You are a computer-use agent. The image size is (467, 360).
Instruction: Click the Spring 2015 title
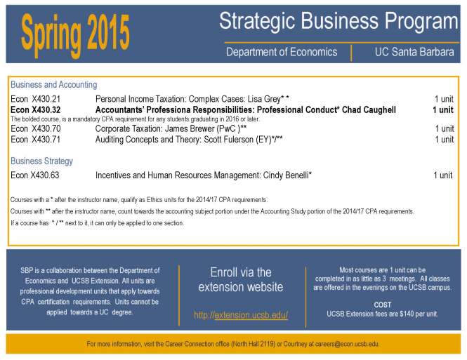[75, 30]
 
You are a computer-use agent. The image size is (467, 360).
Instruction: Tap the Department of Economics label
[281, 52]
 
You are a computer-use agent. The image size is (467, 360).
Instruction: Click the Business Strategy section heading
[41, 161]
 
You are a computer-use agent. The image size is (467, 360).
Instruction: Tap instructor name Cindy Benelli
[284, 175]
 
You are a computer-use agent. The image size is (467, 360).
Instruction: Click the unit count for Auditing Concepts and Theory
[444, 139]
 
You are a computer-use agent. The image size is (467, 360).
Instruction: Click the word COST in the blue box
[382, 304]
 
